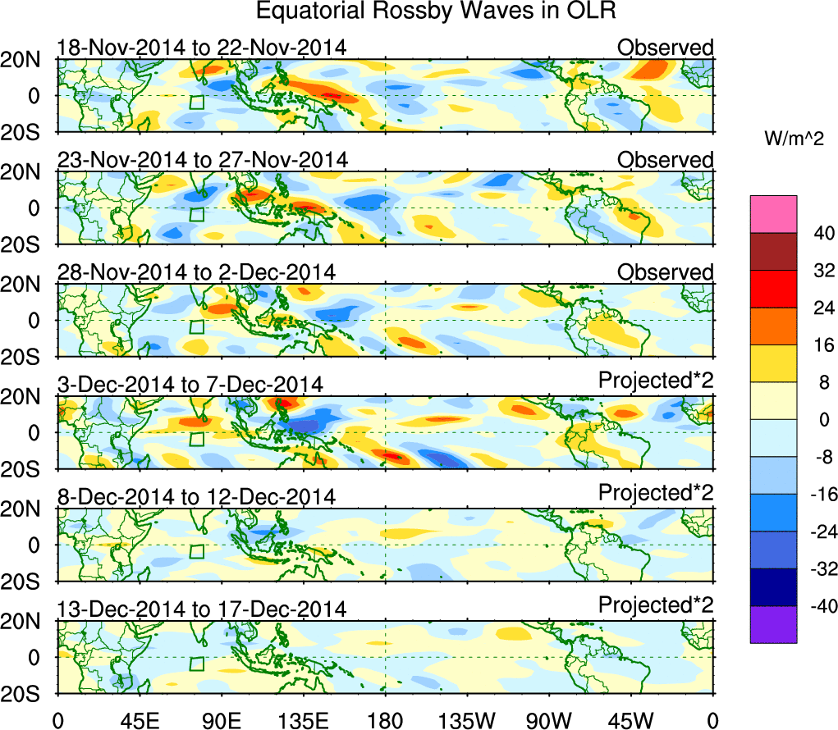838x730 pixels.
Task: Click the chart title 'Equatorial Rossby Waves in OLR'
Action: pyautogui.click(x=435, y=11)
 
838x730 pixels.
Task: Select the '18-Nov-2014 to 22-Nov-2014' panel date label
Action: pyautogui.click(x=202, y=48)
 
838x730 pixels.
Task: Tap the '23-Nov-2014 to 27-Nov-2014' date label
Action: pyautogui.click(x=202, y=159)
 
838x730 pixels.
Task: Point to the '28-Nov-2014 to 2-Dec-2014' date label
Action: pyautogui.click(x=196, y=272)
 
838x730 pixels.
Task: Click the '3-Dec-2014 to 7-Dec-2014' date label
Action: pyautogui.click(x=190, y=384)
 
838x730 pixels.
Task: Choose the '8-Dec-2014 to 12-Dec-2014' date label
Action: pyautogui.click(x=196, y=496)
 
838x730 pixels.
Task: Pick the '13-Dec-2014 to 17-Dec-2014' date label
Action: pyautogui.click(x=202, y=609)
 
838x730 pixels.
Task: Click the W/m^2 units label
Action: pyautogui.click(x=794, y=140)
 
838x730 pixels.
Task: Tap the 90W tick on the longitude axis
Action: pyautogui.click(x=549, y=719)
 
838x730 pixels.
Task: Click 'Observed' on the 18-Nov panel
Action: pyautogui.click(x=666, y=48)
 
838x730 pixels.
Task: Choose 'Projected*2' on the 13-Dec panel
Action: pyautogui.click(x=656, y=606)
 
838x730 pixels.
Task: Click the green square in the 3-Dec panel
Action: pyautogui.click(x=196, y=440)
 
